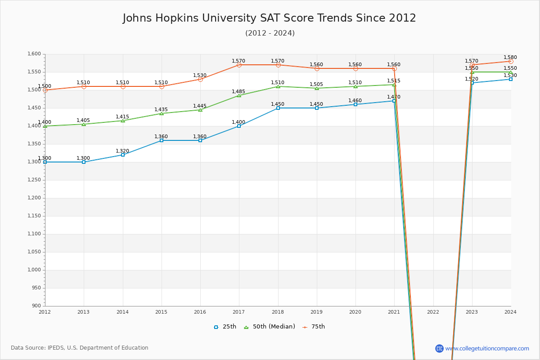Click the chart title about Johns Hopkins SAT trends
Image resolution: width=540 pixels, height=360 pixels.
click(x=270, y=18)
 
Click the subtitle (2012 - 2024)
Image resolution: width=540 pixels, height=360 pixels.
click(x=270, y=33)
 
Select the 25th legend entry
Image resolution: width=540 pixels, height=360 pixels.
click(x=225, y=327)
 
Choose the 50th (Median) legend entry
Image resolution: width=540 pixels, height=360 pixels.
click(x=269, y=327)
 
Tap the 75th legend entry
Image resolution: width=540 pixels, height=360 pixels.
click(x=314, y=327)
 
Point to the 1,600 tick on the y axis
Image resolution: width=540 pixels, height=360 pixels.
click(x=34, y=54)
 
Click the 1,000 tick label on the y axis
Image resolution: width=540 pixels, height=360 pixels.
click(x=34, y=270)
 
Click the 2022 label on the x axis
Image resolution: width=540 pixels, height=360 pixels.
click(x=433, y=312)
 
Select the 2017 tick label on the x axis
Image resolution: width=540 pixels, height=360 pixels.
click(x=239, y=312)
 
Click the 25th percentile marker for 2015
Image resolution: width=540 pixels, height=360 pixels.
click(x=162, y=140)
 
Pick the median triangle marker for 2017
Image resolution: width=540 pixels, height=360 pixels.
click(x=239, y=95)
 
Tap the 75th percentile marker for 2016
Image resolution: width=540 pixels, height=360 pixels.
click(x=200, y=79)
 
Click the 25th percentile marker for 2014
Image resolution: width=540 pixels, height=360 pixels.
click(x=123, y=155)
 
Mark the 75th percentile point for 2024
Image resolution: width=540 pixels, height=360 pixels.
click(x=511, y=61)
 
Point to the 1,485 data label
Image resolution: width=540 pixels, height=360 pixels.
click(x=238, y=92)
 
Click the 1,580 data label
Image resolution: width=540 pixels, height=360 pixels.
click(x=510, y=58)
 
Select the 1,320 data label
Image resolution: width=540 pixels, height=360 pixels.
click(x=122, y=151)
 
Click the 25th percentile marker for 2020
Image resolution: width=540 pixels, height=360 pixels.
click(x=355, y=104)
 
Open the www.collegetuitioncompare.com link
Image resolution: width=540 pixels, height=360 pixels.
click(x=487, y=348)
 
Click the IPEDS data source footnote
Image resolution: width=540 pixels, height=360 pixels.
click(x=80, y=348)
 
